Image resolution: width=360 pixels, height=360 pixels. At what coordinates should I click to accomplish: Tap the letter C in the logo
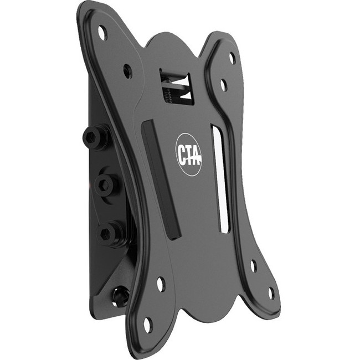coord(181,154)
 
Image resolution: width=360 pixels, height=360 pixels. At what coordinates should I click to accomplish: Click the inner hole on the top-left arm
coord(127,71)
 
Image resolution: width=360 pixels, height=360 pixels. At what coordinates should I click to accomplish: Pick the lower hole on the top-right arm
coord(224,85)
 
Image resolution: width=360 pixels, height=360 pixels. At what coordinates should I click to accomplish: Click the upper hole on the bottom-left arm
coord(161,284)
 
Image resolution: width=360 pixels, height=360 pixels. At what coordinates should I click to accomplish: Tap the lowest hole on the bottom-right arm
coord(271,293)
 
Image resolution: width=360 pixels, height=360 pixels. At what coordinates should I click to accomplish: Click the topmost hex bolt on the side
coord(95,137)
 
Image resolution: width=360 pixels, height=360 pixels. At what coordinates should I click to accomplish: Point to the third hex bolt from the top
coord(110,233)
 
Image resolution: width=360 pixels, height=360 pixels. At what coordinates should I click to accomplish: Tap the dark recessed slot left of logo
coord(161,180)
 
